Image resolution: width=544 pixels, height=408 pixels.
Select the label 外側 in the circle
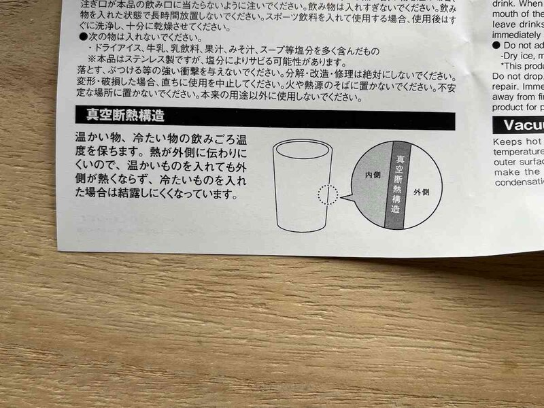click(421, 193)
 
